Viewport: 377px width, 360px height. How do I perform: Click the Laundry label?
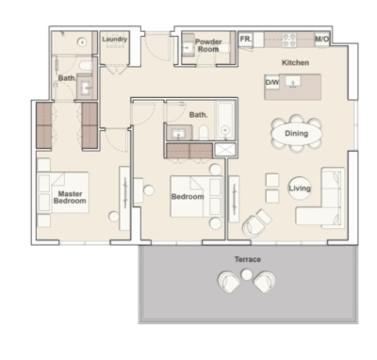[x=114, y=40]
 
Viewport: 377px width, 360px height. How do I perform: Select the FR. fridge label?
[x=245, y=39]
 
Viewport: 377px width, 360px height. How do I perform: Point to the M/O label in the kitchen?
[x=321, y=40]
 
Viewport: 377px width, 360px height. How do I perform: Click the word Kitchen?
[x=296, y=63]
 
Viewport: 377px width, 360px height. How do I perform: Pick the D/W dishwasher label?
[x=271, y=83]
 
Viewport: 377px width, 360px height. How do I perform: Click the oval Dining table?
[x=296, y=133]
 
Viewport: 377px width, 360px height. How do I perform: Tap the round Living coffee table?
[x=300, y=188]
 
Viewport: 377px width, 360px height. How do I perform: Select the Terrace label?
[x=247, y=258]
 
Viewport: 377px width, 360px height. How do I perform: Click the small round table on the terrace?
[x=247, y=274]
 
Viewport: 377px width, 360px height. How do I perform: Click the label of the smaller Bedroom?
[x=188, y=197]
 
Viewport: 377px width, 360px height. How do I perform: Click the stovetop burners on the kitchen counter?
[x=290, y=40]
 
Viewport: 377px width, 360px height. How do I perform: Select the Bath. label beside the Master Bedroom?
[x=67, y=78]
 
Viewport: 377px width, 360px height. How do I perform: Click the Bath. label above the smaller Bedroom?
[x=198, y=115]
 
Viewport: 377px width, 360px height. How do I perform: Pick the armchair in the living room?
[x=254, y=223]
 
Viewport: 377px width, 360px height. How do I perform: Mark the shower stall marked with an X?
[x=226, y=149]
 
